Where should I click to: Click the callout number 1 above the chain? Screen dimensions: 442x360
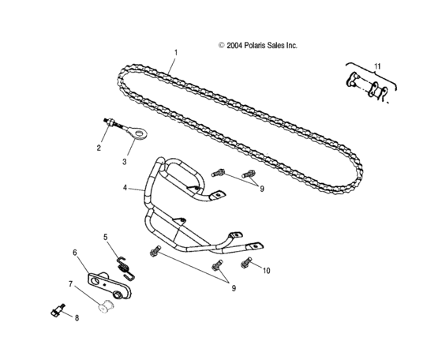[x=176, y=53]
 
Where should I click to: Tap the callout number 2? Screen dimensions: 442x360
[x=99, y=148]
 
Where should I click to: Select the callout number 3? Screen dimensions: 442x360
[x=124, y=162]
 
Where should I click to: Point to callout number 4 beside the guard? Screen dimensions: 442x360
[x=125, y=187]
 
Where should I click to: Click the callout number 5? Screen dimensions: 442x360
[x=106, y=237]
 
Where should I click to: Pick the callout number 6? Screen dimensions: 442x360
[x=75, y=253]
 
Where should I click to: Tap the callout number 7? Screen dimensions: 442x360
[x=71, y=284]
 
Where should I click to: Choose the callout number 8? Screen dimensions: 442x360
[x=77, y=318]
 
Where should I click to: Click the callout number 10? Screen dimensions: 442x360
[x=267, y=271]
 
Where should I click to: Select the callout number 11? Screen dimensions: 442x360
[x=377, y=66]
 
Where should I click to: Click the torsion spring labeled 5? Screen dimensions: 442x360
[x=125, y=268]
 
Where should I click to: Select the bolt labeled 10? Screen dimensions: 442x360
[x=245, y=262]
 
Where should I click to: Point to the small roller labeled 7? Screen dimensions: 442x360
[x=106, y=307]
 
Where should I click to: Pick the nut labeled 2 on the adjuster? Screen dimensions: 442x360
[x=111, y=122]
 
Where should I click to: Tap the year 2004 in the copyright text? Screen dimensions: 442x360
[x=234, y=45]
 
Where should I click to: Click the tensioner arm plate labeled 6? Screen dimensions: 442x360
[x=110, y=284]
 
